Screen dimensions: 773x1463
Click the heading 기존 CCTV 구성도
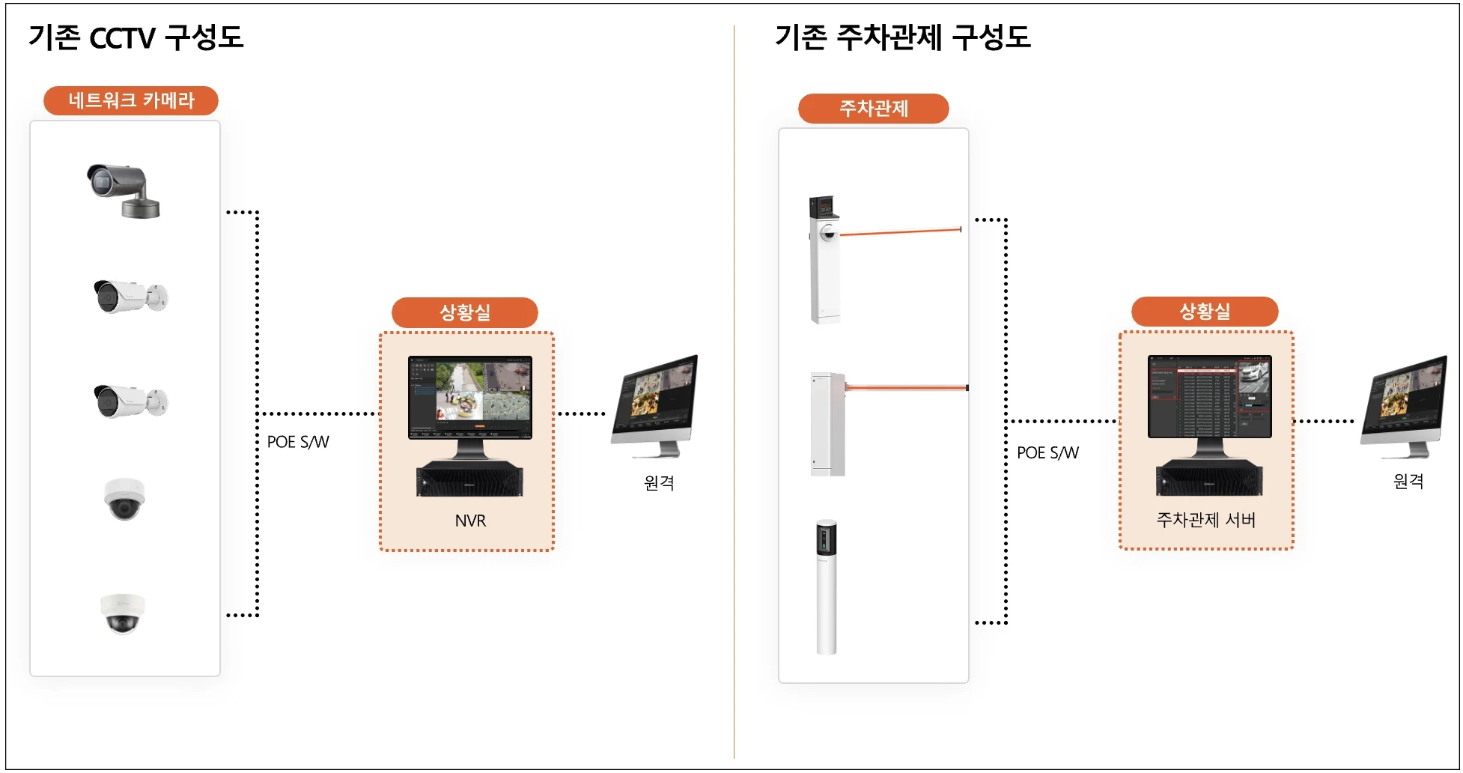136,37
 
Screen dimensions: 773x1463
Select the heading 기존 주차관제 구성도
902,37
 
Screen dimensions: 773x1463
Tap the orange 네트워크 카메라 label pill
131,100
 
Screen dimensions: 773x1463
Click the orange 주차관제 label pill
873,109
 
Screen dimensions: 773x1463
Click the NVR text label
470,521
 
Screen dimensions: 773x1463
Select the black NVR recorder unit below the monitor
469,479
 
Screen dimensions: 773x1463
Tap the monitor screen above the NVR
469,397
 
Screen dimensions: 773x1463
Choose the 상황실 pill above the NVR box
464,312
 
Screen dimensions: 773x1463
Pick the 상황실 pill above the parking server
1204,312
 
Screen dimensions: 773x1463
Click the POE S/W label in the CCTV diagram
298,442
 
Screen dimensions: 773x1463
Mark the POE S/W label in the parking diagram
1047,452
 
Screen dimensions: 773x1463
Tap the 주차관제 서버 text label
1205,520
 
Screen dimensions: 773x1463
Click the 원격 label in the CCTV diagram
659,483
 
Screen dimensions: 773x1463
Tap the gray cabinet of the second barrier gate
827,424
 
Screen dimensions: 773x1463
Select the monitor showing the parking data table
1209,396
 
